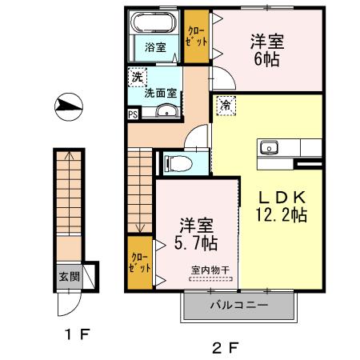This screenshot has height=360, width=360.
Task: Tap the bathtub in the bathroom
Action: (154, 22)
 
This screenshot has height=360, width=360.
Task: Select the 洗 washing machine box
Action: (137, 78)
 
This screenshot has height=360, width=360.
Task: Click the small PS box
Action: (132, 114)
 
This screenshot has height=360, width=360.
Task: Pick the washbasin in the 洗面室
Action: (169, 113)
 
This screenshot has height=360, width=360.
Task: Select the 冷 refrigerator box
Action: (226, 105)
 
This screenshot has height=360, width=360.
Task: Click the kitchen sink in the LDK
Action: (266, 146)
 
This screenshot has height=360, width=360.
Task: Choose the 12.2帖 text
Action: (278, 215)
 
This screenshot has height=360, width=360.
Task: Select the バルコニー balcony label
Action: (239, 305)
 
